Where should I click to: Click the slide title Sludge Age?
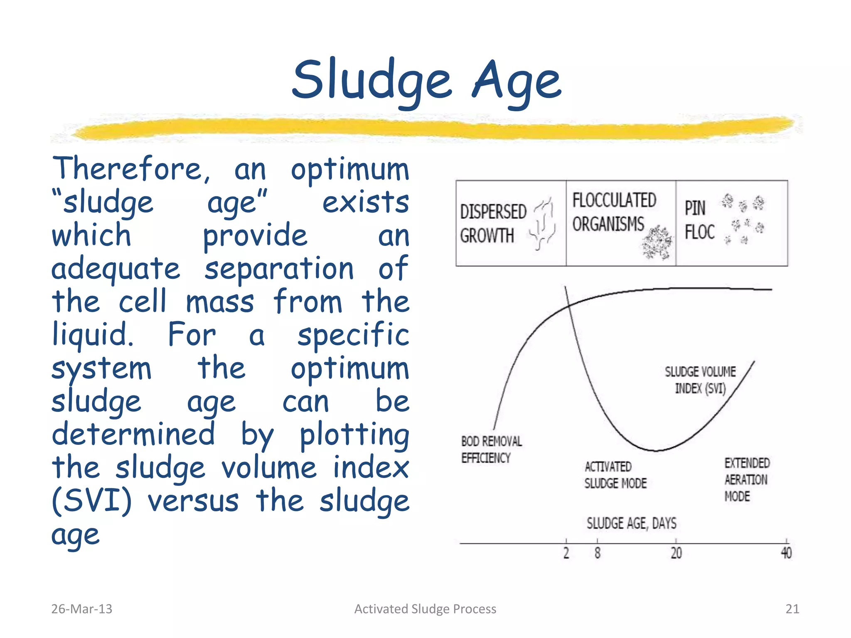(426, 81)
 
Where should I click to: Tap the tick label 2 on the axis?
(566, 553)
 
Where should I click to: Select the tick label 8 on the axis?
(597, 553)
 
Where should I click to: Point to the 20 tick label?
(676, 553)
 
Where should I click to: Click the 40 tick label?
(786, 553)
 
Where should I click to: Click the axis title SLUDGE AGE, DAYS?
(631, 523)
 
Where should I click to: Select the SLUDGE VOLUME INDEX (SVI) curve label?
(700, 380)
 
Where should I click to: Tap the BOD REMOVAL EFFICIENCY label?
(491, 449)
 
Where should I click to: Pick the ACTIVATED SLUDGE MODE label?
(615, 475)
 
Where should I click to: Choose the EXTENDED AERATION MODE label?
(746, 480)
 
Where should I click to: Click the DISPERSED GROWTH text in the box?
(493, 223)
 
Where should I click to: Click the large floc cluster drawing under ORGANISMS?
(657, 243)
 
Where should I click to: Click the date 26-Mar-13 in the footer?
(81, 609)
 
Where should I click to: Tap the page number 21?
(792, 609)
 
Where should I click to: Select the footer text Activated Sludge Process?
(425, 609)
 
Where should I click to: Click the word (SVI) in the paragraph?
(92, 501)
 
